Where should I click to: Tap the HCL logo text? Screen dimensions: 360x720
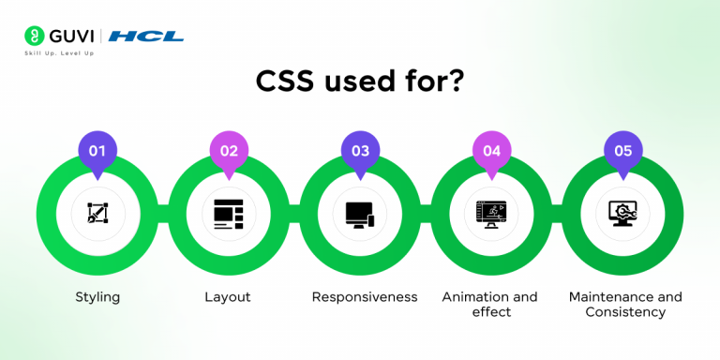pyautogui.click(x=146, y=37)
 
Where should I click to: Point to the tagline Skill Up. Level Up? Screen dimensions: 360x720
pyautogui.click(x=59, y=53)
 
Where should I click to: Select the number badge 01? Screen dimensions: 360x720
pyautogui.click(x=97, y=151)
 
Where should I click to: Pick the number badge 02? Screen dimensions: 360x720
pyautogui.click(x=229, y=151)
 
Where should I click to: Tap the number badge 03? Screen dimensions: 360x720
pyautogui.click(x=360, y=151)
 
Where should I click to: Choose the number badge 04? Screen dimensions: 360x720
pyautogui.click(x=491, y=151)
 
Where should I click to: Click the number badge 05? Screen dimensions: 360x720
pyautogui.click(x=622, y=151)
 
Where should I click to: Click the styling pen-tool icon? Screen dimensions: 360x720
pyautogui.click(x=97, y=214)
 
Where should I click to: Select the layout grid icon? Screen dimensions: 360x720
pyautogui.click(x=229, y=214)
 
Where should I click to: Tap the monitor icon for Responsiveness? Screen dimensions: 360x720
pyautogui.click(x=360, y=214)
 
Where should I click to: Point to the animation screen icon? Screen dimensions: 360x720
pyautogui.click(x=491, y=214)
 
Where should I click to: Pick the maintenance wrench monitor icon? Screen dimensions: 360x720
pyautogui.click(x=622, y=214)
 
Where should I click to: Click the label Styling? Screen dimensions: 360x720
pyautogui.click(x=97, y=297)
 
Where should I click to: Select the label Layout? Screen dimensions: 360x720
pyautogui.click(x=228, y=297)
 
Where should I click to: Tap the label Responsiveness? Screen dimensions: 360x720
pyautogui.click(x=364, y=297)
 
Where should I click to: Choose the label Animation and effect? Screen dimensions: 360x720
pyautogui.click(x=489, y=304)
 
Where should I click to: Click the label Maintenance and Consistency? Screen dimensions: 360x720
pyautogui.click(x=625, y=304)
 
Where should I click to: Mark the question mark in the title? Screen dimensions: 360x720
pyautogui.click(x=455, y=83)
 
